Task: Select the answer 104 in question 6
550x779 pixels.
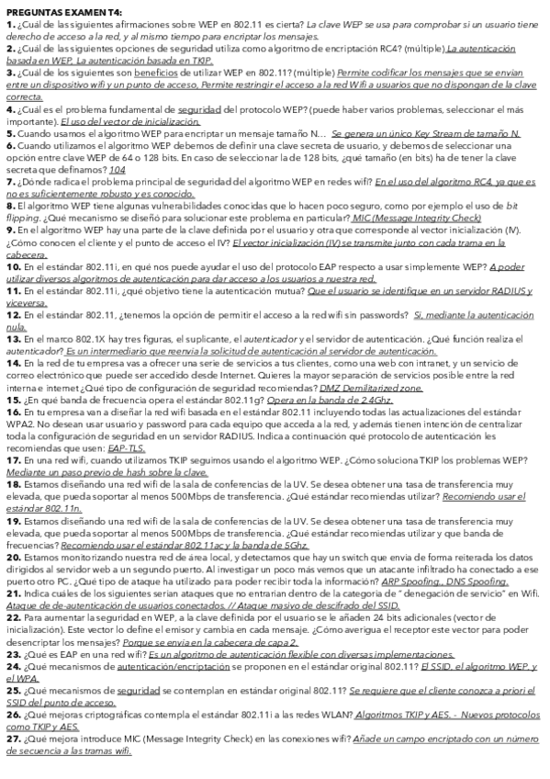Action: coord(118,171)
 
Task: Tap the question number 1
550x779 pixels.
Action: coord(8,22)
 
